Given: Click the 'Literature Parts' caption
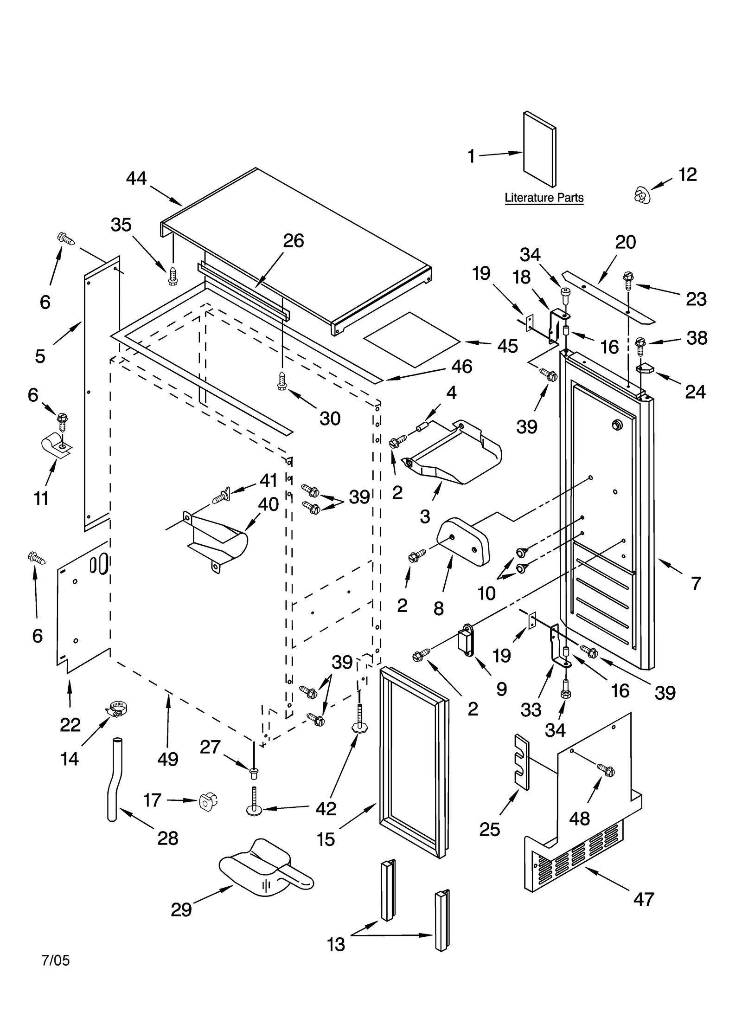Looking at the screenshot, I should click(544, 198).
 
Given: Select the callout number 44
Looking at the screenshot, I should click(136, 178).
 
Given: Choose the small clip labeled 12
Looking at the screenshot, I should click(642, 194).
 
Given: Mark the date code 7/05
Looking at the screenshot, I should click(56, 960).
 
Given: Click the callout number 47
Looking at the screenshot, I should click(643, 899).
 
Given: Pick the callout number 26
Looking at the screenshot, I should click(293, 240).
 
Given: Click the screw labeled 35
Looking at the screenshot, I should click(173, 276).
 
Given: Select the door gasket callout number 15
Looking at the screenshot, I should click(326, 839).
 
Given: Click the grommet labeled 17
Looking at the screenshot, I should click(208, 801).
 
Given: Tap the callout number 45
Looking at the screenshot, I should click(507, 346).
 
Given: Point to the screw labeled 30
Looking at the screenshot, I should click(281, 381).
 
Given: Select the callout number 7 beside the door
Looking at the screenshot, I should click(696, 583).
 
